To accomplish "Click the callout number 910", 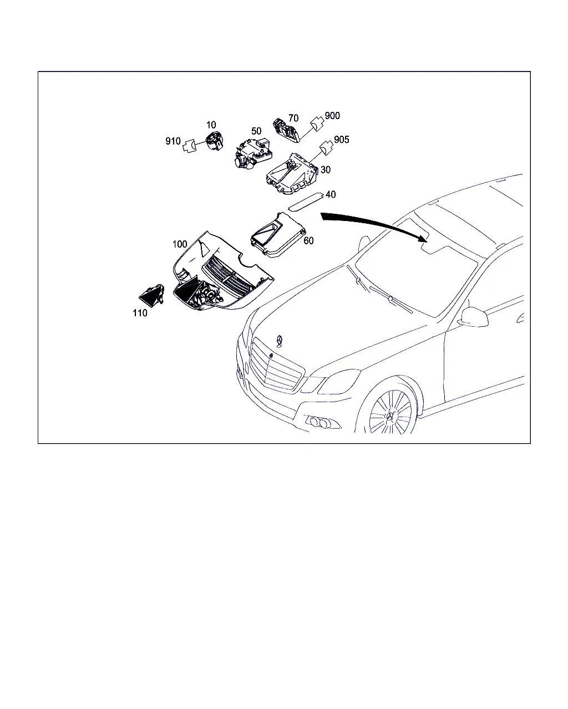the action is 173,141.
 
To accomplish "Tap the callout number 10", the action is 211,125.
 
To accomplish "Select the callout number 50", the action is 256,131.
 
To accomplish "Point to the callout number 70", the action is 293,118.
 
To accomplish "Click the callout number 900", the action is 332,116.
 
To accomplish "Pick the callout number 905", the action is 342,140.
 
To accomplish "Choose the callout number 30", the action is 326,169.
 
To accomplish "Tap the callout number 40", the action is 331,194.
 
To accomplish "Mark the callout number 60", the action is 308,241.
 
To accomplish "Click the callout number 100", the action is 180,244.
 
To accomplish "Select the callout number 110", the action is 140,313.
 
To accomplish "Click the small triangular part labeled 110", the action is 151,295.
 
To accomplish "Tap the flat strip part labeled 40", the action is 305,201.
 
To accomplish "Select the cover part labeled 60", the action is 277,235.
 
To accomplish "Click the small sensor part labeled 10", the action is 215,141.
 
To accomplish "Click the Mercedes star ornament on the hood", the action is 280,341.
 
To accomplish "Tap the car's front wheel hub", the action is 390,416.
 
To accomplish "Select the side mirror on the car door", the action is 475,317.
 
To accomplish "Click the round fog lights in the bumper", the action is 319,423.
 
